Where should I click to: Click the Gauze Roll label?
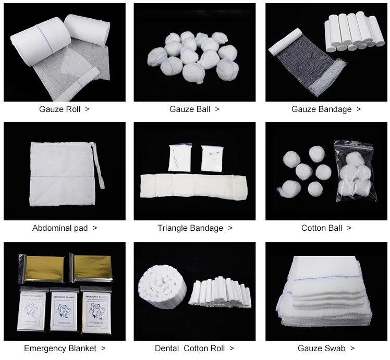[60, 109]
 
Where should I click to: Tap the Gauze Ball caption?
[190, 109]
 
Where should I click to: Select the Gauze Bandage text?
[322, 109]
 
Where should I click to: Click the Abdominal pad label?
[60, 228]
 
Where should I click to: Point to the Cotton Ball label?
[322, 228]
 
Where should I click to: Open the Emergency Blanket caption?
[60, 349]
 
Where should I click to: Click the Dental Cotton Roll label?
[190, 349]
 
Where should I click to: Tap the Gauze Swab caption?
[322, 349]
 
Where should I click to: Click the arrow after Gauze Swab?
[352, 349]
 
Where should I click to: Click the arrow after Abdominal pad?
[95, 228]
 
